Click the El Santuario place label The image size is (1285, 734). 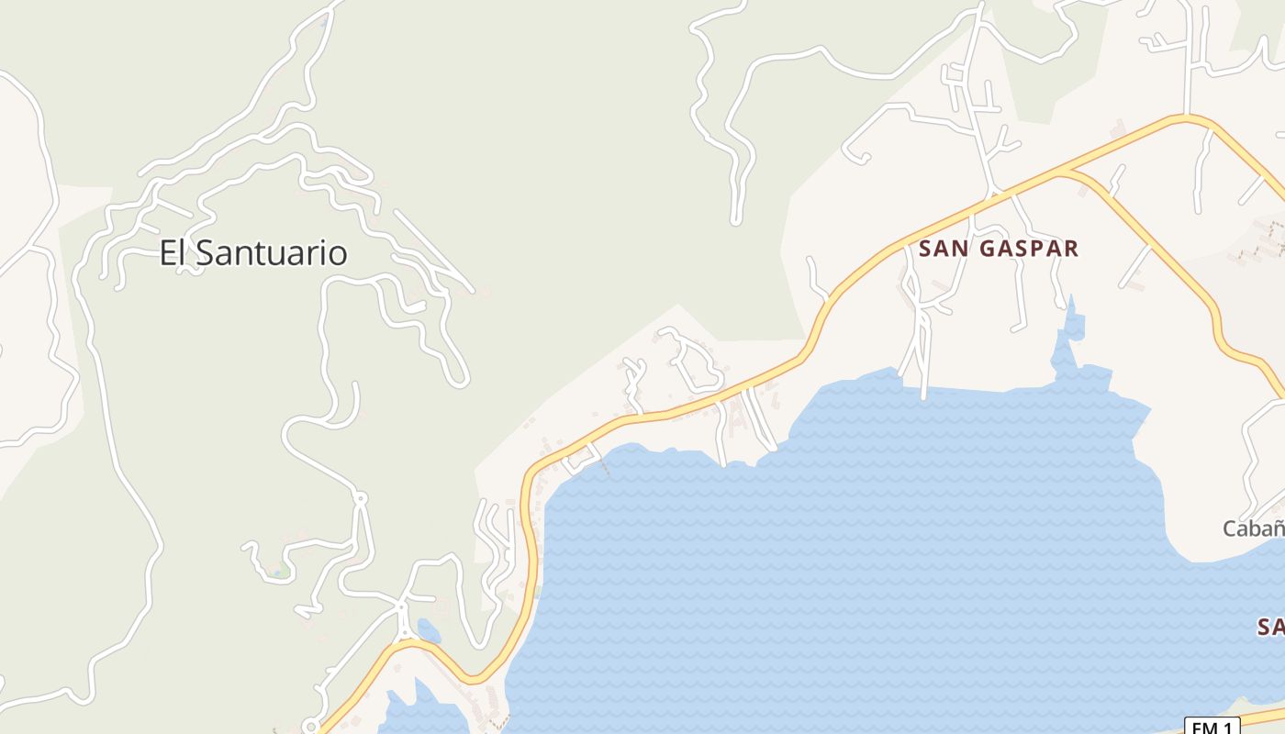click(253, 252)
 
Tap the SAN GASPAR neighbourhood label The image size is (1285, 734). click(999, 248)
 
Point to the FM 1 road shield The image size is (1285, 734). click(1212, 727)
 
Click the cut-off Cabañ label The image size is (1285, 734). click(1254, 528)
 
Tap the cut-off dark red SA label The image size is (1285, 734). click(1270, 628)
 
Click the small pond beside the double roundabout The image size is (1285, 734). click(428, 630)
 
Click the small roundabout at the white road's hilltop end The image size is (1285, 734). click(360, 498)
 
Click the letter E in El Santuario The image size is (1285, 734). click(168, 252)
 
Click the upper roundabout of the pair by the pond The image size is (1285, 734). click(401, 606)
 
